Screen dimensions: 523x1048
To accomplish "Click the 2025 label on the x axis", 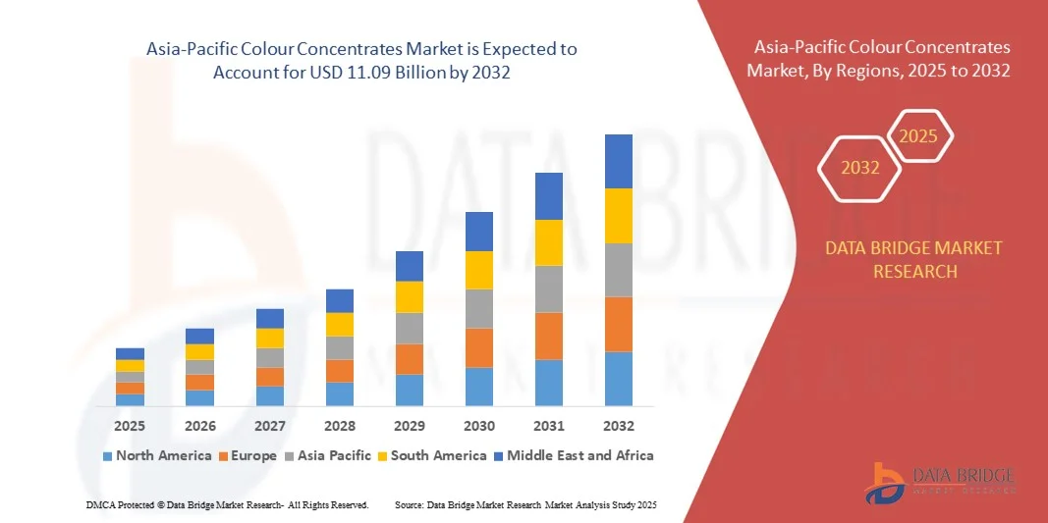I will [x=130, y=426].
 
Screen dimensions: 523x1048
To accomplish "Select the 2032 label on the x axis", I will [x=619, y=426].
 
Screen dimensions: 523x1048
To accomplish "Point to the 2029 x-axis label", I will [x=410, y=426].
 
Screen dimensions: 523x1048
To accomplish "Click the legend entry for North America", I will [x=156, y=455].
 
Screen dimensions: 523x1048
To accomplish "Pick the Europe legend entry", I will [x=251, y=455].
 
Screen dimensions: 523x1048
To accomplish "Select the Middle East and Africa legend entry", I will [x=577, y=455].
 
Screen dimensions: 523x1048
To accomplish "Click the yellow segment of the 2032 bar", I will [x=619, y=216].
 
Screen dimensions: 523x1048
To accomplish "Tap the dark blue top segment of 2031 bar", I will [x=549, y=196].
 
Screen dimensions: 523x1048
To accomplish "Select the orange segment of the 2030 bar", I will [x=479, y=347].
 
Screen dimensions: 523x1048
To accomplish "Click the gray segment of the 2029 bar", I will [x=410, y=328].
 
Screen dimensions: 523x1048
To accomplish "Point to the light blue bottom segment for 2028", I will [x=340, y=393].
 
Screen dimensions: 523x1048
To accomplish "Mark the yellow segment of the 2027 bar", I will [x=270, y=338].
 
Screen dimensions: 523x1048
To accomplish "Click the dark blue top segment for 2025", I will [x=130, y=353].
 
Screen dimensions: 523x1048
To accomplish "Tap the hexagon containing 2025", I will [x=918, y=136].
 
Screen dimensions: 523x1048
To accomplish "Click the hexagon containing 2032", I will [x=860, y=168].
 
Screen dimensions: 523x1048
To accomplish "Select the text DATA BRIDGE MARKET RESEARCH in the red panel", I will [x=914, y=259].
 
